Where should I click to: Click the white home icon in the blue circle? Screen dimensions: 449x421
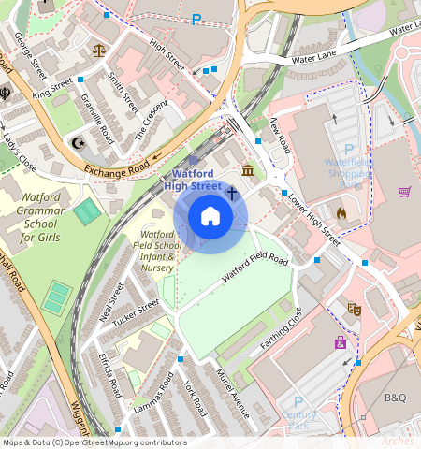pyautogui.click(x=210, y=217)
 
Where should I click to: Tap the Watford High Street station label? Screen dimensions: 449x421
pyautogui.click(x=194, y=180)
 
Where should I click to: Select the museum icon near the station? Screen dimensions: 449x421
pyautogui.click(x=248, y=170)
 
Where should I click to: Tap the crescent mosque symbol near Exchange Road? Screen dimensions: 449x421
pyautogui.click(x=78, y=143)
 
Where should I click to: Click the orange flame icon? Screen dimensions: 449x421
pyautogui.click(x=341, y=212)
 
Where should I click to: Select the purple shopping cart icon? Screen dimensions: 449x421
pyautogui.click(x=404, y=192)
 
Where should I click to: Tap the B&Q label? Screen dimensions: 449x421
pyautogui.click(x=396, y=398)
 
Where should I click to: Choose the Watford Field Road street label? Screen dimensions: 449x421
pyautogui.click(x=254, y=268)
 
